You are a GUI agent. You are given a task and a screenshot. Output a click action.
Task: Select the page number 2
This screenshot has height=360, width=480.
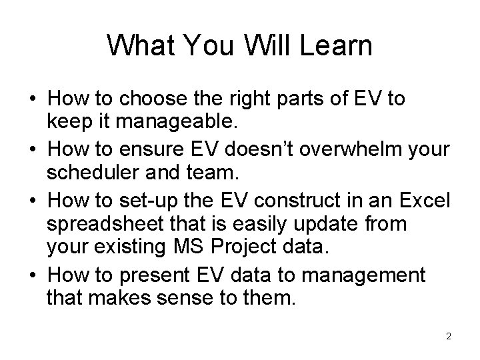coord(449,337)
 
